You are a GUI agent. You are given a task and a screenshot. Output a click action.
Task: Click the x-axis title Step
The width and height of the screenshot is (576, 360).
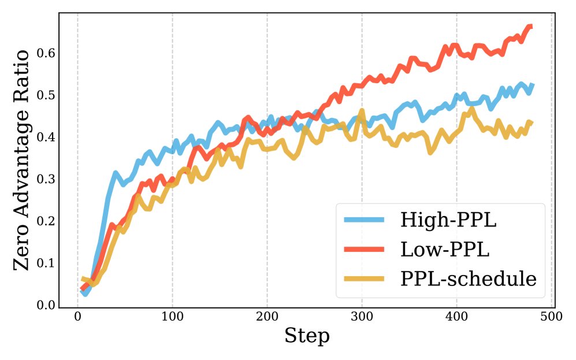tap(307, 336)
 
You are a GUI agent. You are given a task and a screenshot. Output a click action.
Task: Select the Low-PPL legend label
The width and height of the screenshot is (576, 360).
tap(445, 250)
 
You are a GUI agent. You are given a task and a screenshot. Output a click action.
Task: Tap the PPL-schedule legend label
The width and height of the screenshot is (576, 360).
tap(469, 279)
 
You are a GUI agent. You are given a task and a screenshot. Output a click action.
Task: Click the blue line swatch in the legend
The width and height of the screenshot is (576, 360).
tap(363, 220)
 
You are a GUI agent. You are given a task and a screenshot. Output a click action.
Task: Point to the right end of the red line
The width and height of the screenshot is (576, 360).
tap(531, 27)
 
